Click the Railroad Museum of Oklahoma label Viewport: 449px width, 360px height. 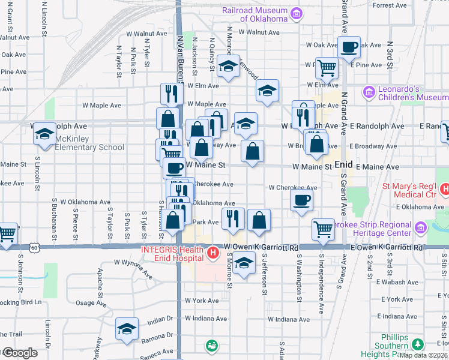255,14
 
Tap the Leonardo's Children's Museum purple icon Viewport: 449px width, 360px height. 369,92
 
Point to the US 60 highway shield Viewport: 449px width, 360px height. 36,247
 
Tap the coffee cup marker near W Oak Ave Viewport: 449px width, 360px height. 349,46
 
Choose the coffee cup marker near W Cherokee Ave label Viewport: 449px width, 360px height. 301,199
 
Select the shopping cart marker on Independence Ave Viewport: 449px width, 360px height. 324,229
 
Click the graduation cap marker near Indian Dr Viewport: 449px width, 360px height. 127,328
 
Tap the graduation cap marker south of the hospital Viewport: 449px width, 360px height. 243,263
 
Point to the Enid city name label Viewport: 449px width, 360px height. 343,163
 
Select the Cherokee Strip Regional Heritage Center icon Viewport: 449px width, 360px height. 420,227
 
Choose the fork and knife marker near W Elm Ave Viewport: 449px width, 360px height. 172,93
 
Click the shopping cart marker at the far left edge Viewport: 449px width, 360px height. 7,233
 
